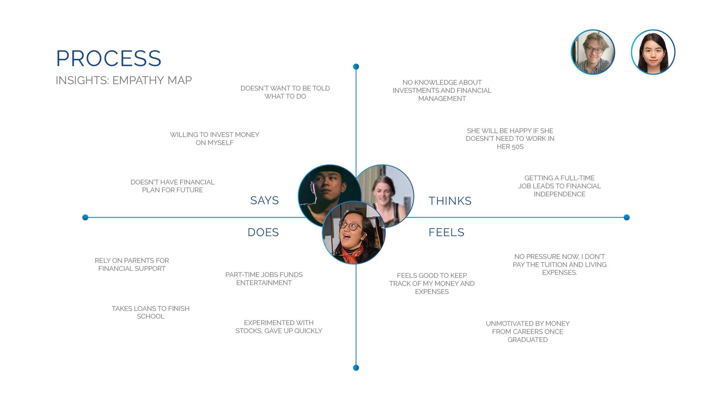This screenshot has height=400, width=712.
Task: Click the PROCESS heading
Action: pos(109,59)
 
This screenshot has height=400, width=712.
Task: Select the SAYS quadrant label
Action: pos(264,201)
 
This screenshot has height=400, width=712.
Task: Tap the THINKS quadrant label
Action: pos(450,201)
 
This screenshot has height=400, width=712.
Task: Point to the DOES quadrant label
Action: pos(263,232)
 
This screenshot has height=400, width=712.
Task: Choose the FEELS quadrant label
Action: pos(446,232)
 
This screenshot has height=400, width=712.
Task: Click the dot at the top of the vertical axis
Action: pos(356,67)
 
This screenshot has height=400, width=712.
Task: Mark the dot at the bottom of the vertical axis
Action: pos(356,368)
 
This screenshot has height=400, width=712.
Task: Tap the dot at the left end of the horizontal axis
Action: pos(85,217)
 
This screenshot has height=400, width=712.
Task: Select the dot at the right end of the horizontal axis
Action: pos(627,217)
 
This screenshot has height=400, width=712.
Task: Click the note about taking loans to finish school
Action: pos(150,312)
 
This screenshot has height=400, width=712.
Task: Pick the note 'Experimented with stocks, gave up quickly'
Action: pos(279,327)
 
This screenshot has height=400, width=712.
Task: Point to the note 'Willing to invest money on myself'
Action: pos(214,139)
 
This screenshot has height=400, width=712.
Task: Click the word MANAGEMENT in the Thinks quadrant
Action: pos(442,99)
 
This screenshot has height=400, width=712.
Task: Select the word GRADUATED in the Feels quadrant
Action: pos(527,340)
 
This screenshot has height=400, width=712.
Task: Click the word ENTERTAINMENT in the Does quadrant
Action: pos(264,283)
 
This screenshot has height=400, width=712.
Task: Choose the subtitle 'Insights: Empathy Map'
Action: pos(124,81)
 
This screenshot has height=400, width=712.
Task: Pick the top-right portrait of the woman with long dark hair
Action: pos(653,52)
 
